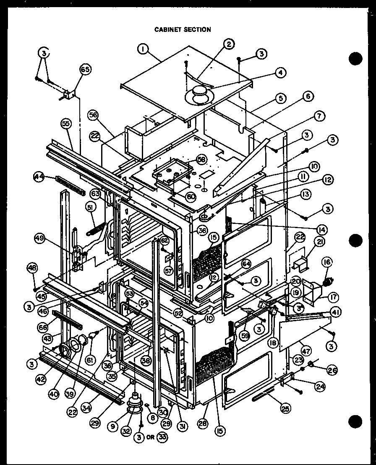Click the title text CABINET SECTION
(x=183, y=29)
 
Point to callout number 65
(x=86, y=70)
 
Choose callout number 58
(x=202, y=160)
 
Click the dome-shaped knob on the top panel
(x=200, y=94)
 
